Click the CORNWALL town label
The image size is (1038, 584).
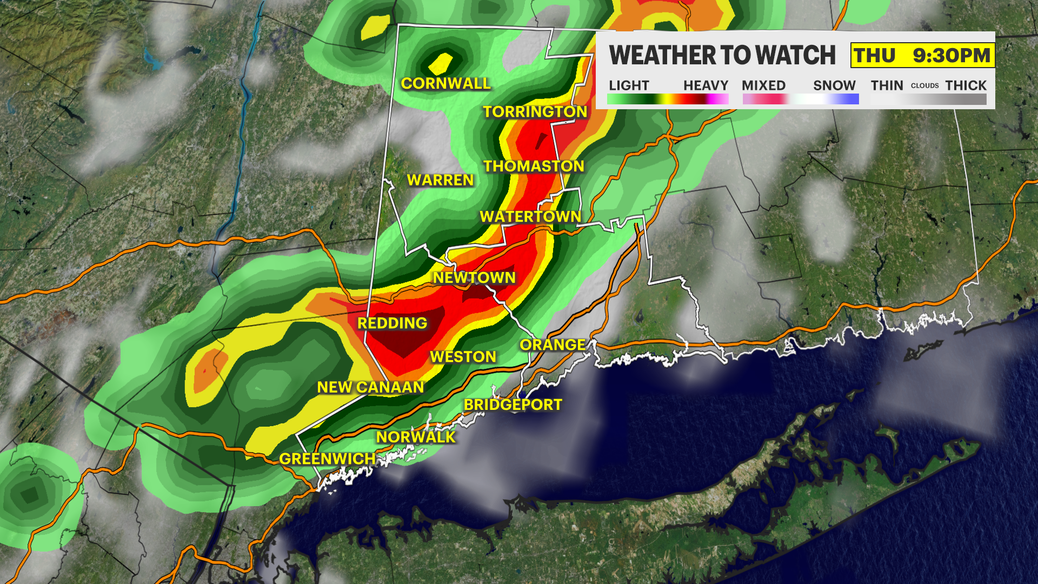pyautogui.click(x=445, y=83)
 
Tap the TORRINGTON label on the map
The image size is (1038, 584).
pyautogui.click(x=535, y=111)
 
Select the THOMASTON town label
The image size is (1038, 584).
pyautogui.click(x=534, y=166)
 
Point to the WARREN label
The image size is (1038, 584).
pyautogui.click(x=440, y=180)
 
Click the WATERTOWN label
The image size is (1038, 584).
pyautogui.click(x=530, y=216)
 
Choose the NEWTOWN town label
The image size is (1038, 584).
pyautogui.click(x=474, y=277)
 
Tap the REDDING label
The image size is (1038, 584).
pyautogui.click(x=392, y=323)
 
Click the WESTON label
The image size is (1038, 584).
pyautogui.click(x=463, y=356)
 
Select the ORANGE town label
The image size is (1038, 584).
pyautogui.click(x=553, y=344)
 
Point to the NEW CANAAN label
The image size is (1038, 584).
pyautogui.click(x=370, y=387)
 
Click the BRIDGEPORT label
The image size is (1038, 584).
pyautogui.click(x=513, y=404)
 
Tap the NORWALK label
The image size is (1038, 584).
pyautogui.click(x=416, y=437)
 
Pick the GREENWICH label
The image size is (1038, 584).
pyautogui.click(x=327, y=459)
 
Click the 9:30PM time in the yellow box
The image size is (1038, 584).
pyautogui.click(x=951, y=55)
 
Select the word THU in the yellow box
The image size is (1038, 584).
pyautogui.click(x=875, y=55)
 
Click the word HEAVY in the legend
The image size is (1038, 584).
pyautogui.click(x=706, y=85)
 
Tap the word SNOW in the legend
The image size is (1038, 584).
pyautogui.click(x=834, y=85)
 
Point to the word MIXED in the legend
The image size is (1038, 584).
pyautogui.click(x=763, y=85)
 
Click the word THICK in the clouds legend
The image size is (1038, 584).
pyautogui.click(x=966, y=85)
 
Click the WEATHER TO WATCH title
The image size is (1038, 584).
pyautogui.click(x=722, y=55)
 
